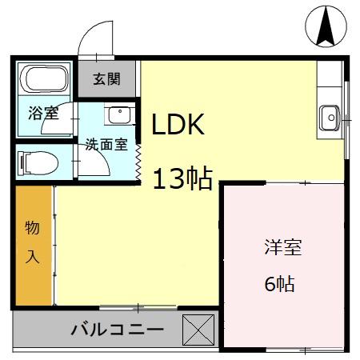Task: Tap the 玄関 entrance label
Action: (x=106, y=79)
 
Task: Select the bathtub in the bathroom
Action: (x=45, y=80)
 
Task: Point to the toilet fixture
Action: (x=39, y=162)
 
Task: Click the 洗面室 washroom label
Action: (x=106, y=145)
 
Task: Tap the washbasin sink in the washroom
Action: (x=118, y=115)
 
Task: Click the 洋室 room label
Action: (x=283, y=248)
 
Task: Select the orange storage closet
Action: (x=34, y=244)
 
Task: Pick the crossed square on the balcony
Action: (x=199, y=329)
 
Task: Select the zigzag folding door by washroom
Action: (x=139, y=157)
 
